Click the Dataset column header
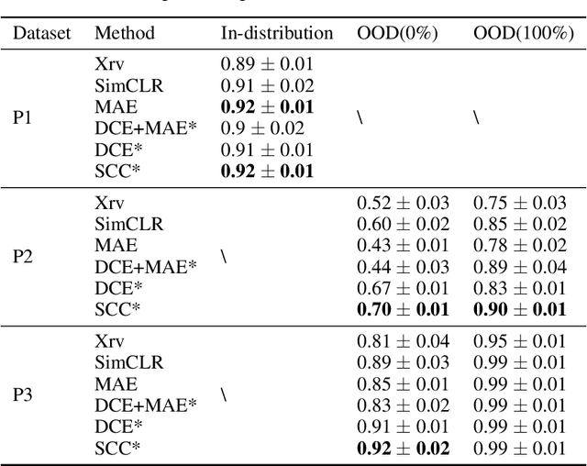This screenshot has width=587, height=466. coord(40,33)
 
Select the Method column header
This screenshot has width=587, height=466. coord(125,33)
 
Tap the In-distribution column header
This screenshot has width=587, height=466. coord(277,33)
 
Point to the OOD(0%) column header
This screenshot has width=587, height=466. coord(397,33)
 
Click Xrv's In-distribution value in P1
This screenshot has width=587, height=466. coord(267,64)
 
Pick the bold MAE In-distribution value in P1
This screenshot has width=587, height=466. coord(267,107)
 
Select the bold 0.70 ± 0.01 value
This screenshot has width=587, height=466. coord(404,310)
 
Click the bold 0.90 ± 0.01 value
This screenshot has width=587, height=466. coord(520,310)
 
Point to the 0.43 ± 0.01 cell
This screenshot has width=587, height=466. coord(404,246)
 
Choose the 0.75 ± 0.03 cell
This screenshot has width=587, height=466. coord(520,203)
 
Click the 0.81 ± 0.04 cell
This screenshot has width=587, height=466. coord(404,341)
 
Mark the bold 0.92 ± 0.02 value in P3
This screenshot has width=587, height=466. coord(404,449)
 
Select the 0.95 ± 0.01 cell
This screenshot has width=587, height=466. coord(520,341)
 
